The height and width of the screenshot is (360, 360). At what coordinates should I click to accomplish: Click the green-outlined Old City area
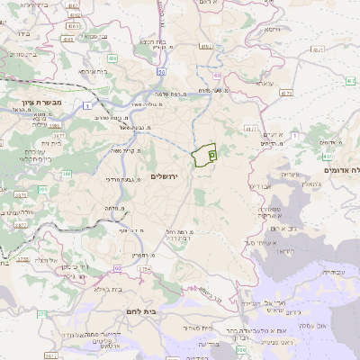206,156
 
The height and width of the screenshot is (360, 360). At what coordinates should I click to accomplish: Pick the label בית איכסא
93,71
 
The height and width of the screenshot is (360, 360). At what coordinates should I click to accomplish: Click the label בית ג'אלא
93,290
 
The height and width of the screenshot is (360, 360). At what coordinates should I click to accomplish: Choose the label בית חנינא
149,40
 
